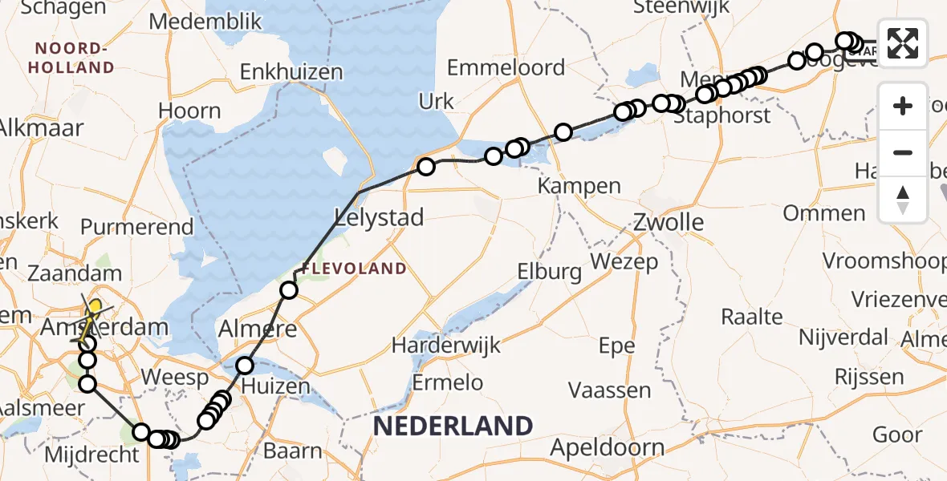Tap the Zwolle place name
(669, 222)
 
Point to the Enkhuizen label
(292, 72)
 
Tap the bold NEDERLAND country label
(453, 426)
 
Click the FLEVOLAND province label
(354, 269)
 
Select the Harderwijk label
(446, 346)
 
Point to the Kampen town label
(579, 186)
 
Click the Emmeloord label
(506, 67)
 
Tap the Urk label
(436, 102)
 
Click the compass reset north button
(903, 200)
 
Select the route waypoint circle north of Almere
(288, 290)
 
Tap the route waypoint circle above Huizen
(245, 366)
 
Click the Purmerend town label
(137, 227)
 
